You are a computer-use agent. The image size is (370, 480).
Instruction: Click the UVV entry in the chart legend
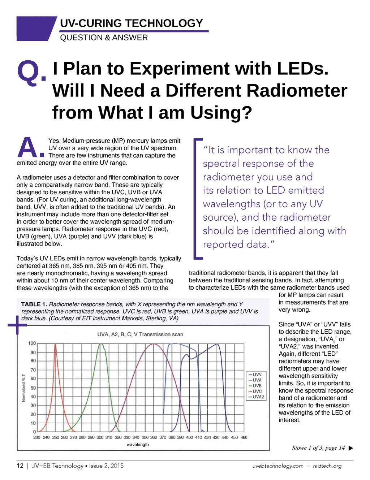(257, 375)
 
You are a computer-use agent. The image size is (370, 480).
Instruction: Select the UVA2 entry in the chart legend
(258, 397)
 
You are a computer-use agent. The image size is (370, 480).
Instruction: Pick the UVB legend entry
(257, 386)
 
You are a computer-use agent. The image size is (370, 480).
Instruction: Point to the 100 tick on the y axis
(32, 343)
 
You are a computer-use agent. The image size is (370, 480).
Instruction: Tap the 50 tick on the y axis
(33, 388)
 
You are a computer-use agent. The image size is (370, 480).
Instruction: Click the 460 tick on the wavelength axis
(244, 437)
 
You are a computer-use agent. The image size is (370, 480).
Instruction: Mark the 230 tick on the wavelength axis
(37, 437)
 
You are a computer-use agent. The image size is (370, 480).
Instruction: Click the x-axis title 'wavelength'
(138, 445)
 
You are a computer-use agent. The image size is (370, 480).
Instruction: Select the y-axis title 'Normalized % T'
(24, 388)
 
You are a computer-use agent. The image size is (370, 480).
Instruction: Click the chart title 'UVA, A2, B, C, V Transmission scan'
(140, 334)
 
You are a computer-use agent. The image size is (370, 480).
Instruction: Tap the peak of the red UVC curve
(55, 345)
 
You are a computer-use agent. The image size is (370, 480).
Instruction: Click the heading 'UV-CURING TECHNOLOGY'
(132, 23)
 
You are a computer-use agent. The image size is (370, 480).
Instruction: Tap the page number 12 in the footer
(20, 466)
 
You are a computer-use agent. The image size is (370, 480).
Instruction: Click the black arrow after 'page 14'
(350, 448)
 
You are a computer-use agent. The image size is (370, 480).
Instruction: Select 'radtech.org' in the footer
(327, 466)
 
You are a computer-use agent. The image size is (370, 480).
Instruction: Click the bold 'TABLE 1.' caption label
(34, 304)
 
